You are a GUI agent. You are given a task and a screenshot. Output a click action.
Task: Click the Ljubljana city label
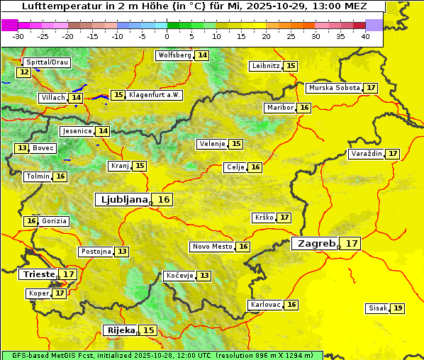coord(123,200)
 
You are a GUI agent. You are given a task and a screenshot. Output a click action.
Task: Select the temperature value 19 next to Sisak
coord(398,308)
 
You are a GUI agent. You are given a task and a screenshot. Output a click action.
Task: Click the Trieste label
coord(39,274)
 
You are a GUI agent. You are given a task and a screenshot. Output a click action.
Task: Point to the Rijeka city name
coord(121,330)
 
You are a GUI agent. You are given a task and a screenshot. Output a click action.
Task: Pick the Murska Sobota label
coord(333,88)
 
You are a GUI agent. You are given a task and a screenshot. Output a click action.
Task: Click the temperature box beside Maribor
coord(304,108)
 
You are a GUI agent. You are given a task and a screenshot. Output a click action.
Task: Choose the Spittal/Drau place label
coord(47,62)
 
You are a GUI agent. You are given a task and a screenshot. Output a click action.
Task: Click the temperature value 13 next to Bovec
coord(22,148)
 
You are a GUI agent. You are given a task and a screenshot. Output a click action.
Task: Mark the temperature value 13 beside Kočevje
coord(204,275)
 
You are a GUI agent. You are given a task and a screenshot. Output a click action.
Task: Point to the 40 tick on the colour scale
coord(365,36)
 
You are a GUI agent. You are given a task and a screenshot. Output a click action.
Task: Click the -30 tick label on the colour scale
coord(18,36)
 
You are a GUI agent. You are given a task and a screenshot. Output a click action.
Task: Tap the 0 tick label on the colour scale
coord(167,36)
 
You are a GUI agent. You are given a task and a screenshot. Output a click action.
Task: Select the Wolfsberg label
coord(174,55)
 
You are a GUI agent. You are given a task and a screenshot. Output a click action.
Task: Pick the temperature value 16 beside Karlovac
coord(291,305)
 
